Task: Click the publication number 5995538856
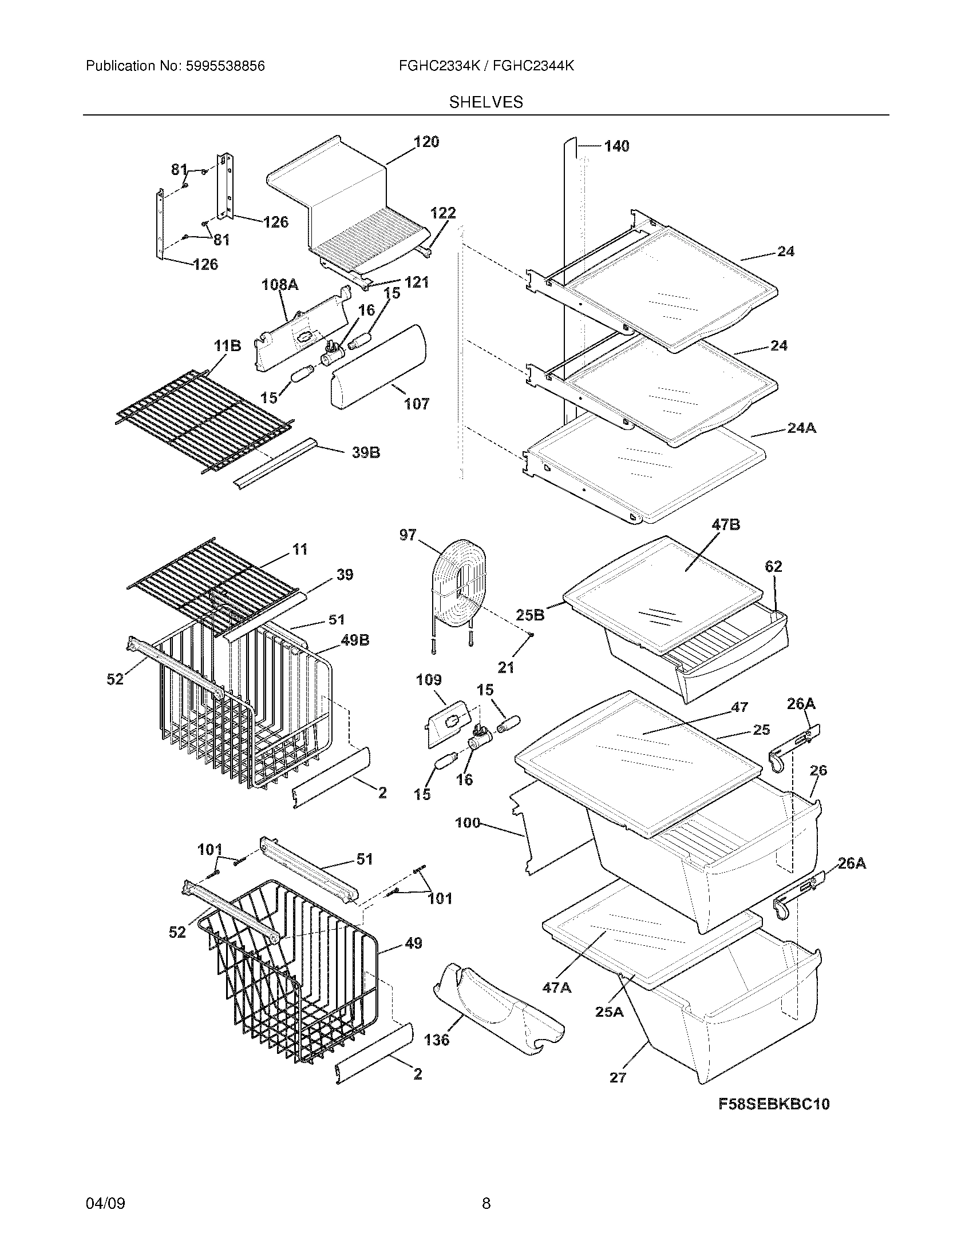pos(224,66)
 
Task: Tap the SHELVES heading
pos(486,102)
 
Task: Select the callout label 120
pos(426,142)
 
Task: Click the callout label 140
pos(616,146)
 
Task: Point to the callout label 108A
pos(280,284)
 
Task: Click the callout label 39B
pos(366,453)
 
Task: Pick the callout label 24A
pos(801,428)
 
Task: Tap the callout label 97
pos(408,535)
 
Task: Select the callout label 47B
pos(726,525)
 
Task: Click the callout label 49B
pos(355,640)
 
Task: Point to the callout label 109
pos(428,680)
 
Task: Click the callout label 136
pos(436,1040)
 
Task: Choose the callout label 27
pos(618,1077)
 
